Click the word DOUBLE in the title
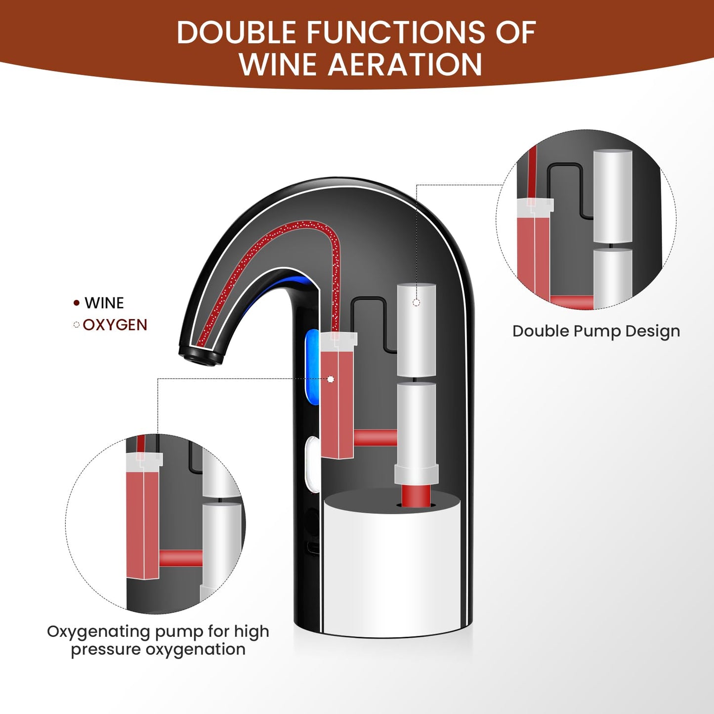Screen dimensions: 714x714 236,32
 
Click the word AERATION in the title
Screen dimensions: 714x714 405,64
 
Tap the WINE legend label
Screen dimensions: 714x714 104,303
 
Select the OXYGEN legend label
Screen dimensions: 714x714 115,325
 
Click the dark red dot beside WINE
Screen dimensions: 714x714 77,303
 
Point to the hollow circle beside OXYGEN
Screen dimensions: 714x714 77,325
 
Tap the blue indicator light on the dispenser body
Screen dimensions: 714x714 312,367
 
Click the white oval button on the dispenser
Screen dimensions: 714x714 312,464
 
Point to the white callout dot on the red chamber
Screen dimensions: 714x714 331,379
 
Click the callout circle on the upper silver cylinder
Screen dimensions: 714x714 416,302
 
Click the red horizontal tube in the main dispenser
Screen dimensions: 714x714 376,438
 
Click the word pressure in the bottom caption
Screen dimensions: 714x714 106,650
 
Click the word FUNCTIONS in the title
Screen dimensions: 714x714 396,32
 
